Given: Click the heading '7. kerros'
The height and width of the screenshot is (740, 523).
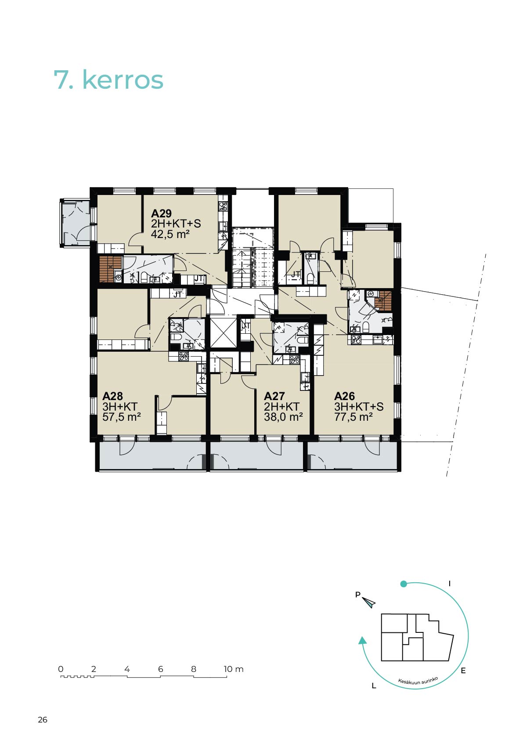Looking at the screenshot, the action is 108,80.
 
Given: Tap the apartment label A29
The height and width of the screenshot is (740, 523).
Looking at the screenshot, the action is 161,213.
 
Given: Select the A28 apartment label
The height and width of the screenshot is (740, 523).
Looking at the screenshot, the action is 113,396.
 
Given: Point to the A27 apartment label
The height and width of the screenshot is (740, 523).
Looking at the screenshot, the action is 274,396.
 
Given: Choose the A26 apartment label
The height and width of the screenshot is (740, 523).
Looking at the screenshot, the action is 344,396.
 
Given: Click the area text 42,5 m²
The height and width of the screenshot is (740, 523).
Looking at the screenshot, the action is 170,234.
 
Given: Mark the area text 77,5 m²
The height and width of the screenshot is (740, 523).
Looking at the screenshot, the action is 353,417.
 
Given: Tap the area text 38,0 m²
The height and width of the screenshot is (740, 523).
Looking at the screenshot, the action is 284,417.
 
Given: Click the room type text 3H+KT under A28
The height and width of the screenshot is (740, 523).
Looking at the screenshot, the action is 120,406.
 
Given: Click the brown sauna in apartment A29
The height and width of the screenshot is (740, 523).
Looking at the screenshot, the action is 111,269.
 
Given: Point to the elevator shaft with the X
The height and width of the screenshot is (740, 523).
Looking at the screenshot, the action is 224,332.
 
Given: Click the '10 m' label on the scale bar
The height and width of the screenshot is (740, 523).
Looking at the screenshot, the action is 234,669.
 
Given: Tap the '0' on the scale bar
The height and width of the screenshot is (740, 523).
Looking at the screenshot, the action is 61,669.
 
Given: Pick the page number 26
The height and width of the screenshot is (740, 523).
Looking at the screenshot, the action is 43,719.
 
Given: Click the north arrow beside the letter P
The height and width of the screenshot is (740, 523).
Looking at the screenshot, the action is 369,603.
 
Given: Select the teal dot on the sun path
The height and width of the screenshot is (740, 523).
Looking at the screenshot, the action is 404,584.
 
